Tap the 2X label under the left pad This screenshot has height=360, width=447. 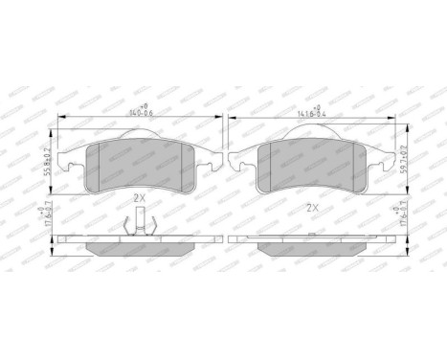[x=139, y=197]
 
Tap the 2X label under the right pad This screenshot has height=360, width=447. [x=311, y=206]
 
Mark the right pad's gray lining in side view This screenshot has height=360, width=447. [x=310, y=246]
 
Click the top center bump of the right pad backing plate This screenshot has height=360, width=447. [x=310, y=134]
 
